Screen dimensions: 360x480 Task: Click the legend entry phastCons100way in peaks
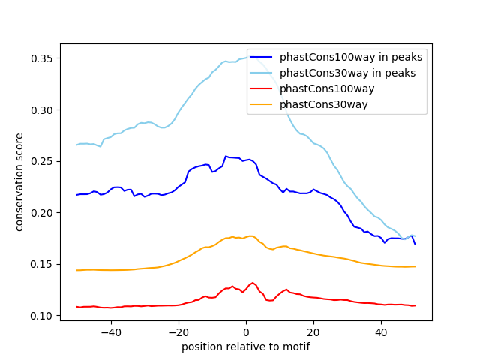coord(351,57)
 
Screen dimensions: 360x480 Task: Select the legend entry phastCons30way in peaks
coord(348,73)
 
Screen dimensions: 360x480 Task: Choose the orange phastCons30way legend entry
coord(324,104)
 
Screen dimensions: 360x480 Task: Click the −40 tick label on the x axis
coord(110,331)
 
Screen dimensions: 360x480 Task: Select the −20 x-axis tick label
coord(178,331)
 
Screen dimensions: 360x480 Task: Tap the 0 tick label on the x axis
coord(246,331)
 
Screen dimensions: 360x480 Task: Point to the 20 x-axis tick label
coord(313,331)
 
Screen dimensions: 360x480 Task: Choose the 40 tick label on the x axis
coord(381,331)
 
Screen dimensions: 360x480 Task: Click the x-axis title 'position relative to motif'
coord(245,346)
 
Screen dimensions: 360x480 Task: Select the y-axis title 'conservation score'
coord(19,181)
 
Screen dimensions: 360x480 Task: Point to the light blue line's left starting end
coord(77,145)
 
